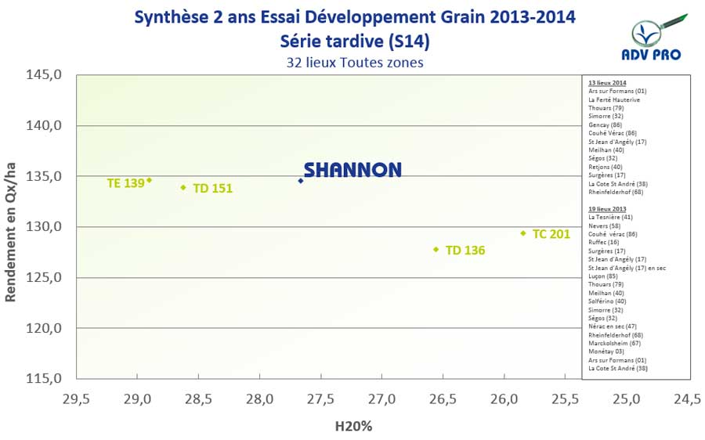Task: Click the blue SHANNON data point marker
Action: point(301,181)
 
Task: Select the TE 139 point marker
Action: point(150,180)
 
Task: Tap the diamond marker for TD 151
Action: point(183,187)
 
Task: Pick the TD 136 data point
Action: point(436,250)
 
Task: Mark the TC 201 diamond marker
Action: point(523,233)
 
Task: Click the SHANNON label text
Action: point(352,170)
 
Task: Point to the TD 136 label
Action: point(465,251)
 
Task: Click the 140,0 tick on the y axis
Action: point(46,126)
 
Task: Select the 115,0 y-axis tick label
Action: point(46,379)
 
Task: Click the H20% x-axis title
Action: point(353,427)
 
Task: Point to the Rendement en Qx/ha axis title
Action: point(13,227)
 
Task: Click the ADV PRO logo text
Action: point(656,55)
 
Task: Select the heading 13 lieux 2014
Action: point(607,82)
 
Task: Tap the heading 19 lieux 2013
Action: point(607,209)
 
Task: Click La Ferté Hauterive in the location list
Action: point(613,99)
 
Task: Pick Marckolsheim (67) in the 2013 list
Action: point(615,343)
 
